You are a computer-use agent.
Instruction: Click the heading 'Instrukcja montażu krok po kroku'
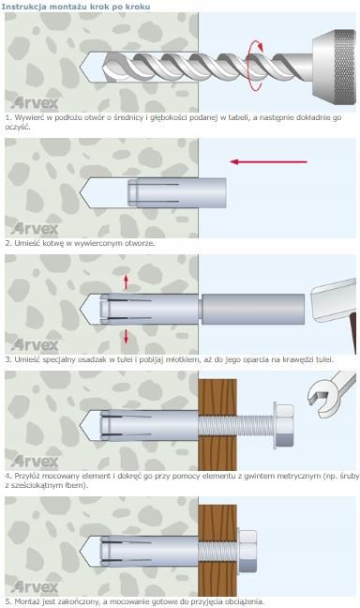coord(76,7)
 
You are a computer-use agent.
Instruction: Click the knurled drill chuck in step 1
coord(334,67)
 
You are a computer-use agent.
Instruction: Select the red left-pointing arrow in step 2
coord(268,161)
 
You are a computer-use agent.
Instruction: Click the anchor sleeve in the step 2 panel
coord(177,192)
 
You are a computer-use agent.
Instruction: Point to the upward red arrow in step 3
coord(126,281)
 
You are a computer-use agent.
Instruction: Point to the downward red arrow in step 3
coord(126,336)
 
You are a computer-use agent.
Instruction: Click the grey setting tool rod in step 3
coord(252,309)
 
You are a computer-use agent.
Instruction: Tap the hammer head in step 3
coord(334,299)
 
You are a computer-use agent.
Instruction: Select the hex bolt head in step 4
coord(283,425)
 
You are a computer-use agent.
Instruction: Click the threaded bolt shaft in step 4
coord(236,425)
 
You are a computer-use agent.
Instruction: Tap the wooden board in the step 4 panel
coord(217,425)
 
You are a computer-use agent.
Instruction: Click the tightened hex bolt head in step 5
coord(247,551)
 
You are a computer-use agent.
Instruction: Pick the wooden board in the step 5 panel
coord(217,550)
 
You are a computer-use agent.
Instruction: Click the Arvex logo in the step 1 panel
coord(35,103)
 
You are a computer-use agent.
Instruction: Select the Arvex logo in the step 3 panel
coord(35,345)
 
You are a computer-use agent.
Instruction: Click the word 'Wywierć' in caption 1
coord(27,117)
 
